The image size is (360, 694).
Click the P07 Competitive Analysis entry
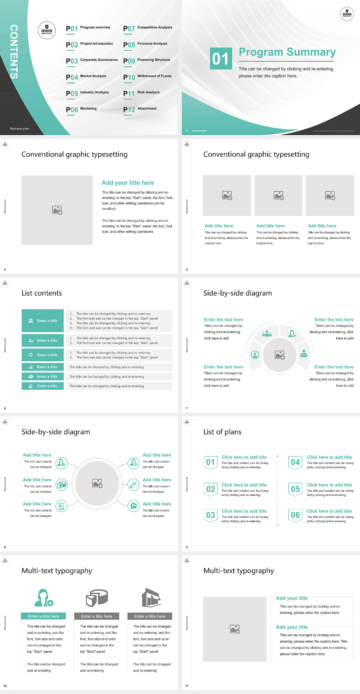(148, 28)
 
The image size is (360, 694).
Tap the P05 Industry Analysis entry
(87, 93)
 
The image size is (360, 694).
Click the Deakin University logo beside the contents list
(47, 31)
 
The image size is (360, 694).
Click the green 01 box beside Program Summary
(220, 59)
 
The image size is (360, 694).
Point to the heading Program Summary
(287, 52)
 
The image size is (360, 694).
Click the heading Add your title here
(128, 183)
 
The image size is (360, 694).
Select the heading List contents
(42, 293)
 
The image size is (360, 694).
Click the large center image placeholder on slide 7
(280, 355)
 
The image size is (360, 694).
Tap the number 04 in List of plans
(295, 462)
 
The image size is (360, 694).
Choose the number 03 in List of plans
(210, 515)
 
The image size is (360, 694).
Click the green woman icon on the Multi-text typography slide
(43, 598)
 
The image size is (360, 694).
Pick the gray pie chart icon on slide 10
(97, 598)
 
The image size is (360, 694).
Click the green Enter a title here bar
(43, 616)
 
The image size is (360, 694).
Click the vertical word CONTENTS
(14, 51)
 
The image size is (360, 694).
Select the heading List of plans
(222, 432)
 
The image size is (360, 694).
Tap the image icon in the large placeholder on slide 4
(57, 210)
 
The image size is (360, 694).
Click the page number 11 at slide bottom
(187, 686)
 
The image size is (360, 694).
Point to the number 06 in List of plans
(295, 515)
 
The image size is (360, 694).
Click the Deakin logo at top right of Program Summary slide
(347, 14)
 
